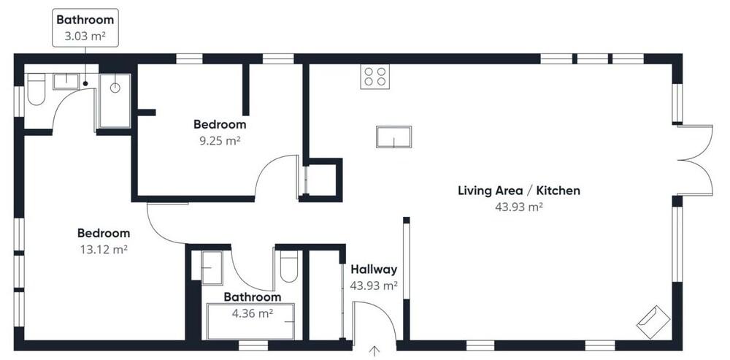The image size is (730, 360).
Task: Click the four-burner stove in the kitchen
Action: coord(374,77)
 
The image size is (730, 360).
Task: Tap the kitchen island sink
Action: coord(394,137)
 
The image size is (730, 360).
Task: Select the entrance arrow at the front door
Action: coord(374,351)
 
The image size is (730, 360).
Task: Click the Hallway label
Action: coord(374,269)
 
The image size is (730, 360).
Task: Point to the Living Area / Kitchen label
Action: coord(519,191)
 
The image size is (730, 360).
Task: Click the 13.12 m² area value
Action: coord(104,250)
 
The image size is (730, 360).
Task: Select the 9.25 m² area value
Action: coord(220,141)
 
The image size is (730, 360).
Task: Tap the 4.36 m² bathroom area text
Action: coord(253,313)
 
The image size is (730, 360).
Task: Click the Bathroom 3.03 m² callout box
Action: coord(85,28)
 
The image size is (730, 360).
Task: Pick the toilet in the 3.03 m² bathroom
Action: coord(36,89)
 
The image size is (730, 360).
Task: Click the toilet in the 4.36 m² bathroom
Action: coord(289,267)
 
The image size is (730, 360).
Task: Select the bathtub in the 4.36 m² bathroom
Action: coord(251,322)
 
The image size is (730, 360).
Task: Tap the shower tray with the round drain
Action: coord(115,100)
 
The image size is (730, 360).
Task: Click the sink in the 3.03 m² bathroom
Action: coord(66,81)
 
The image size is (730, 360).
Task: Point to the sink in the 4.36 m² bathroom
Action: coord(212,268)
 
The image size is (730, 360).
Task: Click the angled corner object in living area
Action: coord(653,322)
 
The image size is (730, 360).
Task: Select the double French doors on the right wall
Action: coord(693,160)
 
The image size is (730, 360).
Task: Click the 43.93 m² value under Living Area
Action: coord(519,207)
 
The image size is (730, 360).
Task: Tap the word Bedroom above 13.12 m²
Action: coord(104,233)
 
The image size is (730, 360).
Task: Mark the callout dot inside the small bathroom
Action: coord(85,83)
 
